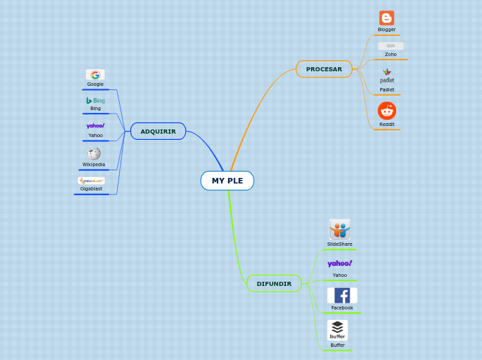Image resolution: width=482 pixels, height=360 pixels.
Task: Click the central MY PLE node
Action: pos(227,181)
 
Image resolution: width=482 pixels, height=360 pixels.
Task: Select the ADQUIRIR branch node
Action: pos(158,132)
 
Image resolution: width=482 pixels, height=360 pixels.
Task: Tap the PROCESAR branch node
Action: pos(324,69)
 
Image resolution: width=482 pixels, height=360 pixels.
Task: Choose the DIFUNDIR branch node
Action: pos(274,284)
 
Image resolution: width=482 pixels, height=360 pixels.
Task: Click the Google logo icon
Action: pos(95,75)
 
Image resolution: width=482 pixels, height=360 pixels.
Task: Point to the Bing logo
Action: pos(96,100)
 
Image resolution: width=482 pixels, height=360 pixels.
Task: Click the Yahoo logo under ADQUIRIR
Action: pos(96,126)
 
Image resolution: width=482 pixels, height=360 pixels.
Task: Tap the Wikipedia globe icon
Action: pos(93,154)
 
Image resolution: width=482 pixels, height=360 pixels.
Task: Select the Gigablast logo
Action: pos(91,181)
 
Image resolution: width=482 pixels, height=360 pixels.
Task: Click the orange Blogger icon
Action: pos(386,18)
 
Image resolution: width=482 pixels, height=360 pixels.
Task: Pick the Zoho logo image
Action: pos(391,46)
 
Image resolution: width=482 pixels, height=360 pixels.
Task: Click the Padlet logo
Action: pos(387,75)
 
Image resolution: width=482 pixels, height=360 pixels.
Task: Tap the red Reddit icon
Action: pos(386,111)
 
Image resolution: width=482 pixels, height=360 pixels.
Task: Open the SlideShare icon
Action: pos(339,229)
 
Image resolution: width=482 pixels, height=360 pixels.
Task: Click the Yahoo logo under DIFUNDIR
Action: pos(339,264)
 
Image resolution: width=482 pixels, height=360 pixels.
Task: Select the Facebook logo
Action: pos(342,296)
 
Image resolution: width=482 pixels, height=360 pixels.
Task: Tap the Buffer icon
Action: pos(337,330)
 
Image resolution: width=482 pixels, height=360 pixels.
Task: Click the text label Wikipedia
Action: pos(93,165)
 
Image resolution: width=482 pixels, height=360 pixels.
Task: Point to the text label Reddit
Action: pos(386,125)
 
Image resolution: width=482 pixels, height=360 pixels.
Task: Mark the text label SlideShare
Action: pos(339,244)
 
